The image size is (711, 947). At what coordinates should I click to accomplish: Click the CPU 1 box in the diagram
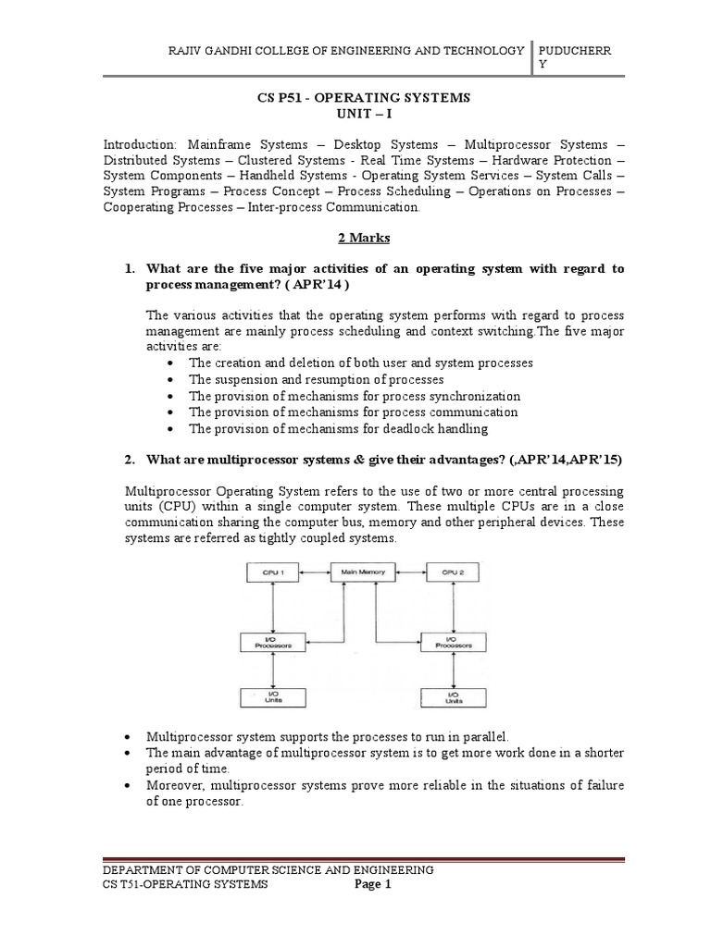point(269,572)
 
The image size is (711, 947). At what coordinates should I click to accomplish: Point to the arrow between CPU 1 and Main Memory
point(316,572)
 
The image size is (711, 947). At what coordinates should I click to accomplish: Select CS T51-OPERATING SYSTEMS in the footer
point(185,885)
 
